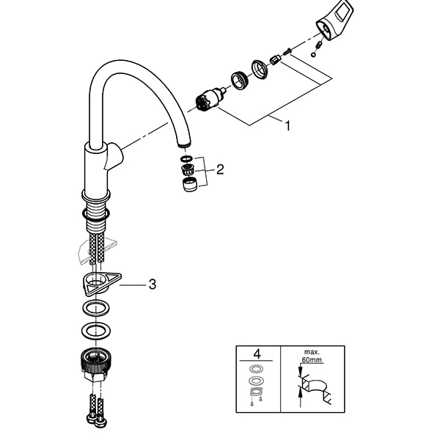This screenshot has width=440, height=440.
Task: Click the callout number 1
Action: [287, 125]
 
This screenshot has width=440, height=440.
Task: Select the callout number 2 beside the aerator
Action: [219, 170]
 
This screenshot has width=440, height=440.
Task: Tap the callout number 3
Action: [153, 284]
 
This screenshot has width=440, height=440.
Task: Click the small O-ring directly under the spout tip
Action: [186, 158]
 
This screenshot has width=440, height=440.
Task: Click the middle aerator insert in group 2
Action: [187, 171]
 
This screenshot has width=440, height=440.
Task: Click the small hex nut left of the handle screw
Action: [276, 59]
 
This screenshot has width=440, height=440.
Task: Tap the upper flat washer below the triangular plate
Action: [98, 306]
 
